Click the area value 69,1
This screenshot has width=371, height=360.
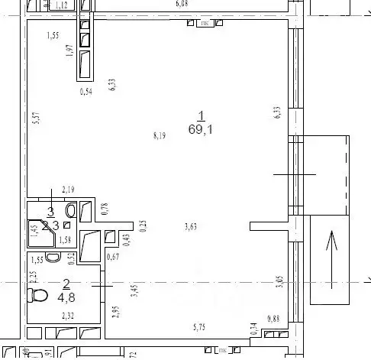coord(201,129)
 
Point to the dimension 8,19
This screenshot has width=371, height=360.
coord(160,136)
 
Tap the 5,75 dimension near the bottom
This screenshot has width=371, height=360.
coord(201,326)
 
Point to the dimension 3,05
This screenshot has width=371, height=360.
coord(279,281)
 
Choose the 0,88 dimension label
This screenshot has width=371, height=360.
coord(273,319)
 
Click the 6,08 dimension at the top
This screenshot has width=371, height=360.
coord(182,4)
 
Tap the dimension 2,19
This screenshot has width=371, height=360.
coord(68,190)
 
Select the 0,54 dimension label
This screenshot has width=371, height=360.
coord(86,92)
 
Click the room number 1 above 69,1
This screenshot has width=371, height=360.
coord(201,116)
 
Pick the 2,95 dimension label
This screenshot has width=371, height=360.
coord(116,312)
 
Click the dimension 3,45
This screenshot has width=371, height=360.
coord(134,290)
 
